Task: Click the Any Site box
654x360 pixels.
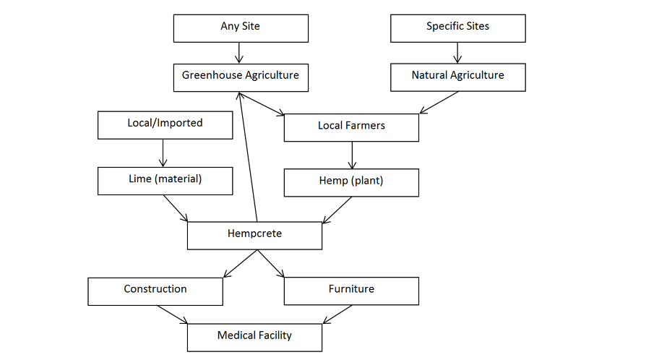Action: coord(241,27)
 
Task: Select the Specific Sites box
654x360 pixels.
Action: coord(457,27)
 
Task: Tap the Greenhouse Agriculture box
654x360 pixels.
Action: coord(241,77)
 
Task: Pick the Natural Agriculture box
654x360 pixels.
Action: coord(457,77)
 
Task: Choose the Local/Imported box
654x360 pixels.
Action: coord(165,124)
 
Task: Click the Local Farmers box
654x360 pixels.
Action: coord(351,127)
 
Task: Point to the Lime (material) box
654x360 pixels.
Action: coord(165,181)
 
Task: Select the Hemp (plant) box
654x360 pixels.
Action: coord(351,182)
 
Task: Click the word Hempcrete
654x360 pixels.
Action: coord(254,233)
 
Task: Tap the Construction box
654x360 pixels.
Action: coord(155,291)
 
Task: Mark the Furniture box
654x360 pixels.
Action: coord(351,291)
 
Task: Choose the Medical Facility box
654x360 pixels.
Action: coord(254,336)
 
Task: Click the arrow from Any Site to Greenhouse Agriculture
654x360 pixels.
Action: coord(240,53)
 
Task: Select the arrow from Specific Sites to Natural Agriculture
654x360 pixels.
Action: coord(457,53)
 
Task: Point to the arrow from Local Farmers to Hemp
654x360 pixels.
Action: coord(352,155)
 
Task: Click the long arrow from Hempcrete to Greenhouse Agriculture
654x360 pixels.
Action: coord(246,156)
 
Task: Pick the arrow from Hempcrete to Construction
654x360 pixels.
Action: coord(238,263)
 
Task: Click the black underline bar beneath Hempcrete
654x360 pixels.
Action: coord(267,241)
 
